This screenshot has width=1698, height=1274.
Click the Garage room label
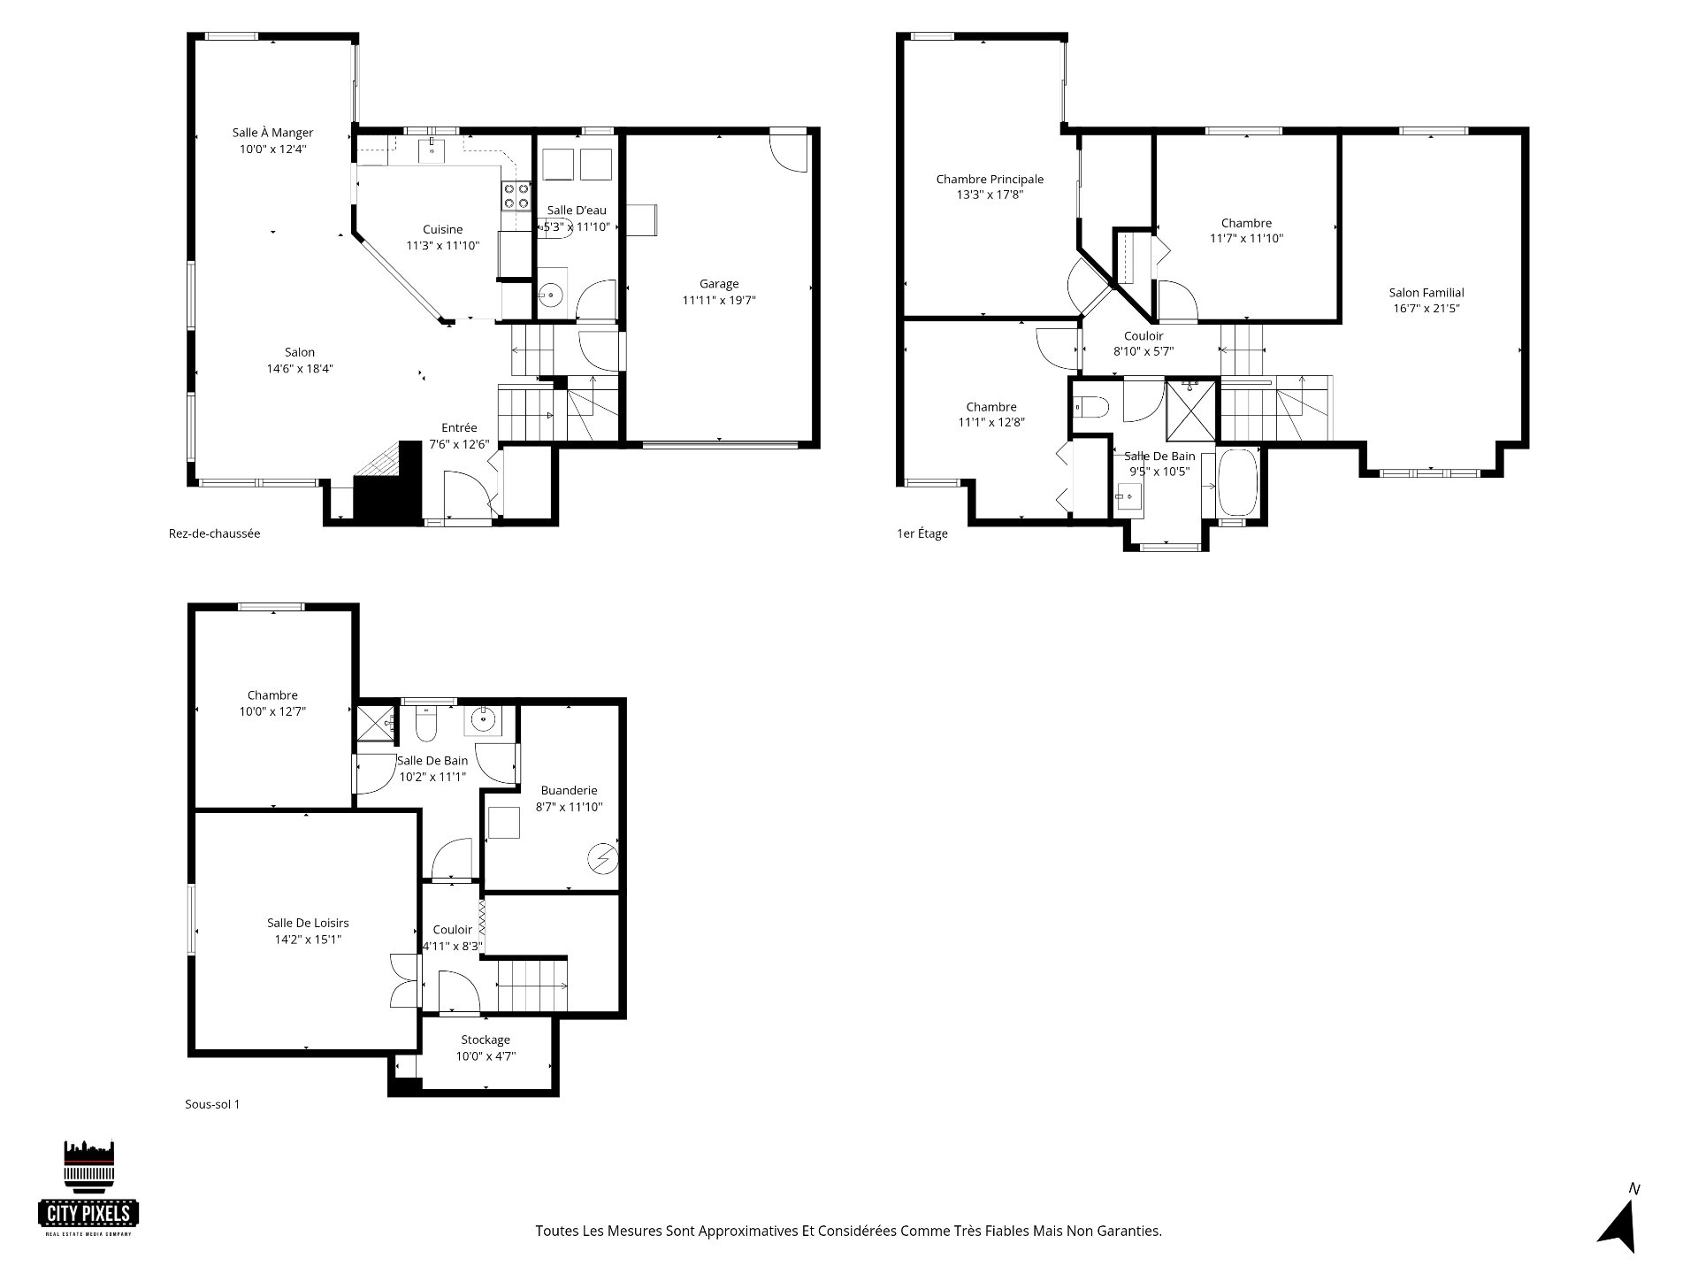click(x=719, y=284)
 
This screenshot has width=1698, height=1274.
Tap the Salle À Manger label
click(x=272, y=133)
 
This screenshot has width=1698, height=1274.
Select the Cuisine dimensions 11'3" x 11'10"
click(x=442, y=245)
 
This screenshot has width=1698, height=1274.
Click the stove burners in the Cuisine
click(x=516, y=196)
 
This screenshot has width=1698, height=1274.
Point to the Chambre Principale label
click(x=990, y=180)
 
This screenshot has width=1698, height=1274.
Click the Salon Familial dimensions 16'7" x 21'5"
click(x=1426, y=309)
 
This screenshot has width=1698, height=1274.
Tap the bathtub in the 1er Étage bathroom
click(x=1235, y=483)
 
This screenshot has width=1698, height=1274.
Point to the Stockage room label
click(x=485, y=1040)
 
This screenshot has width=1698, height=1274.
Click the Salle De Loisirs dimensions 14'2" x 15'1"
click(x=307, y=940)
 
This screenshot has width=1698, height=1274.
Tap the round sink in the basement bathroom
click(x=484, y=720)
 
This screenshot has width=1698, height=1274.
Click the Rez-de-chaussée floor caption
click(x=215, y=533)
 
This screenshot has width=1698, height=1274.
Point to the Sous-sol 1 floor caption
click(x=212, y=1104)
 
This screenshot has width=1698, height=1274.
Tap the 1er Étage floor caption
click(x=922, y=533)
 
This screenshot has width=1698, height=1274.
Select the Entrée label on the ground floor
click(x=459, y=428)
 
